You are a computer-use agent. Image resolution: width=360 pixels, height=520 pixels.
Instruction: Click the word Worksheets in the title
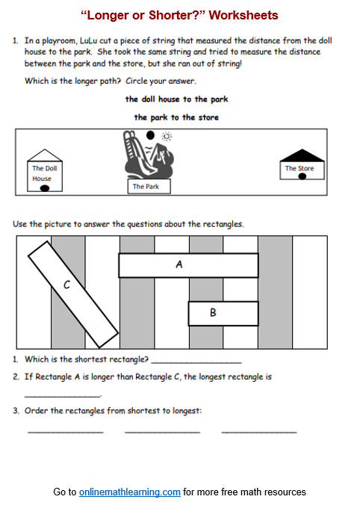(242, 15)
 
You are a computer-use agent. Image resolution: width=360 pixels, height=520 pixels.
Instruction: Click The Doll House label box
(43, 173)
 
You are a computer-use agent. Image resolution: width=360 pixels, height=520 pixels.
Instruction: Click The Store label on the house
(300, 169)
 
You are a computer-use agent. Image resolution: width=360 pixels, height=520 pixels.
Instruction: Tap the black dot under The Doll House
(44, 188)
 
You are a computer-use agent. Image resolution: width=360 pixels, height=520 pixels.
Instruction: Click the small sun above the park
(167, 137)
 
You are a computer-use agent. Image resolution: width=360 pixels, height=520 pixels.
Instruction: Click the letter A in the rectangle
(179, 264)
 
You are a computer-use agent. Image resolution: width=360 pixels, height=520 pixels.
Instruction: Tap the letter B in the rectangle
(213, 313)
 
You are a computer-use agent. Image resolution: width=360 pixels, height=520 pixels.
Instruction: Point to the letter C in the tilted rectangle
(66, 284)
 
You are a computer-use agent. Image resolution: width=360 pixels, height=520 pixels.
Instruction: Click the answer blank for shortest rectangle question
(196, 362)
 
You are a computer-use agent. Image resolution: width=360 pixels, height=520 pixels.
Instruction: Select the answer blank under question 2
(62, 395)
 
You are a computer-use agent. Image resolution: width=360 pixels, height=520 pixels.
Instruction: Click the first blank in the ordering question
(66, 432)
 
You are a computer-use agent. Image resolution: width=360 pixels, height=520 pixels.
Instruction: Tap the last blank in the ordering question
(259, 432)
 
